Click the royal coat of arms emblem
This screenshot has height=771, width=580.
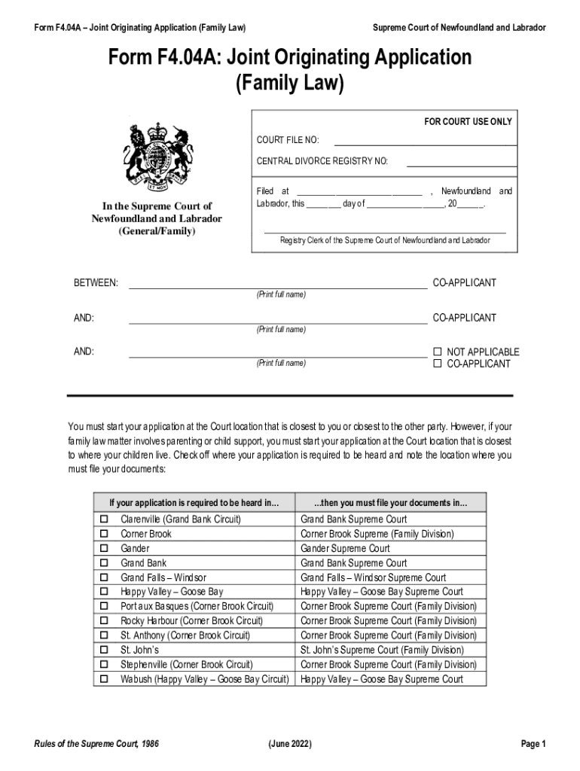click(x=156, y=157)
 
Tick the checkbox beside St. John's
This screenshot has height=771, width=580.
click(x=104, y=650)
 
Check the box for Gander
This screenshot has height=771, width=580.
click(x=104, y=548)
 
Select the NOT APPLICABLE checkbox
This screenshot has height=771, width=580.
click(x=437, y=352)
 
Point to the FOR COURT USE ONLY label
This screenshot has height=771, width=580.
click(x=468, y=122)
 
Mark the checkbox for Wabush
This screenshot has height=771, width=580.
click(x=104, y=679)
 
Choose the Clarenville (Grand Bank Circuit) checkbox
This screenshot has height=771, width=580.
click(x=104, y=520)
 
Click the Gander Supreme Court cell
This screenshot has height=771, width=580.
click(x=345, y=548)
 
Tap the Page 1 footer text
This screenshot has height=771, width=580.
click(x=533, y=744)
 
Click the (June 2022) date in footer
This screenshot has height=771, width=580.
click(x=290, y=744)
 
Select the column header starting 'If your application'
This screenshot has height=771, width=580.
click(x=194, y=502)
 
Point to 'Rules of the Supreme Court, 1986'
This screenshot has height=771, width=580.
click(x=96, y=744)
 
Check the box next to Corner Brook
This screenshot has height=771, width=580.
click(x=104, y=534)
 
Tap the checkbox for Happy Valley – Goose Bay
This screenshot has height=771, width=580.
click(x=104, y=592)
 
